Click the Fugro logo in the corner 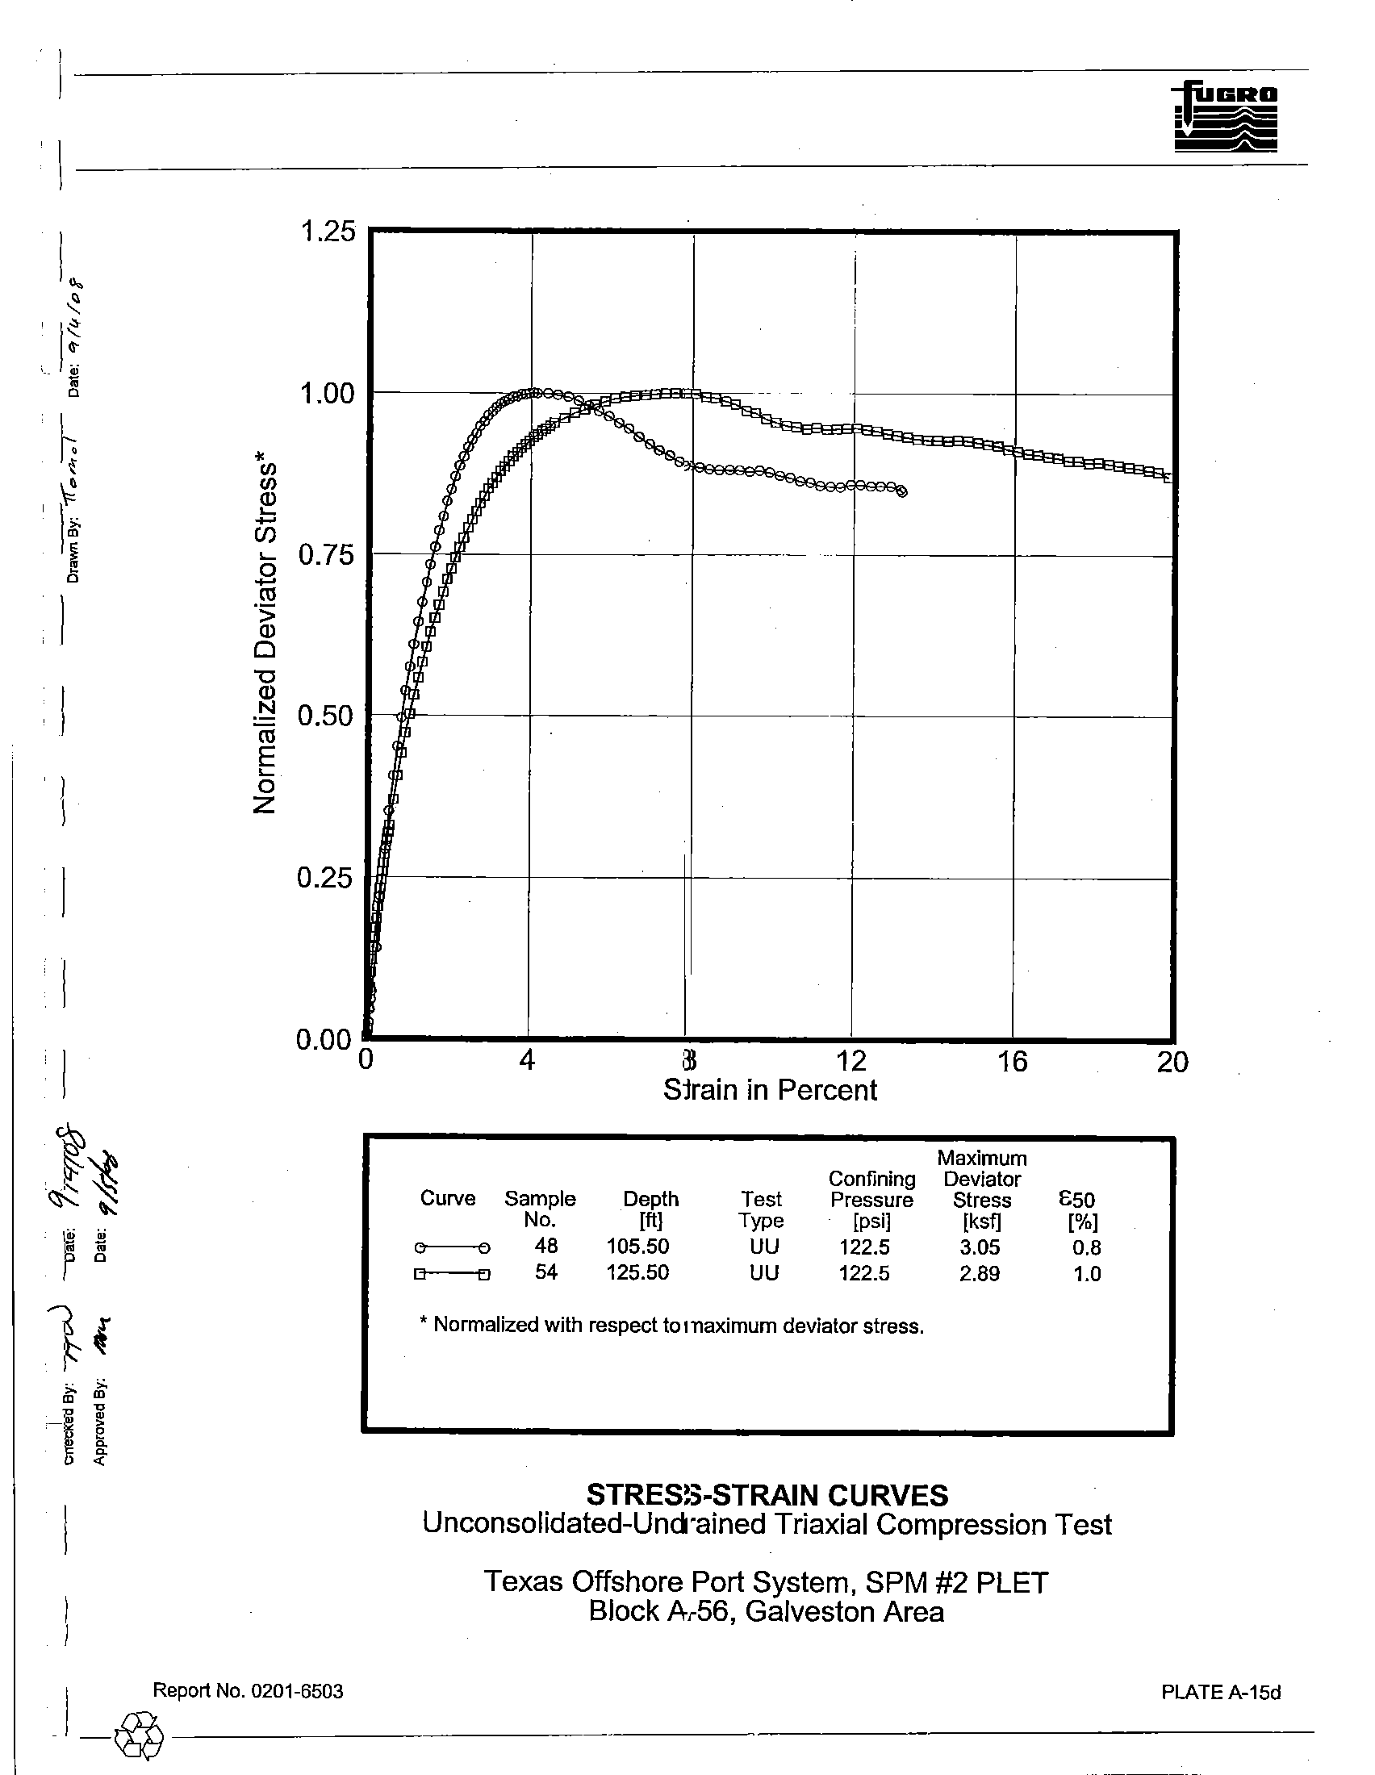1225,117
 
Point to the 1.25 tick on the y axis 328,232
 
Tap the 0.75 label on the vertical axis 328,555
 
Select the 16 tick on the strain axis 1012,1062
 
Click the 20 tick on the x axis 1172,1062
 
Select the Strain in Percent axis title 770,1090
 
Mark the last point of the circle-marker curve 902,491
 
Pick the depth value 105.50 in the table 637,1246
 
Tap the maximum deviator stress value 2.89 980,1273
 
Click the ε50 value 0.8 1086,1247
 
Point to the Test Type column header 761,1209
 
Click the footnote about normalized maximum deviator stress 671,1326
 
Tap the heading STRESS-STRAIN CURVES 767,1493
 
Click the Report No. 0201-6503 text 248,1691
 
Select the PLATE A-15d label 1221,1692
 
